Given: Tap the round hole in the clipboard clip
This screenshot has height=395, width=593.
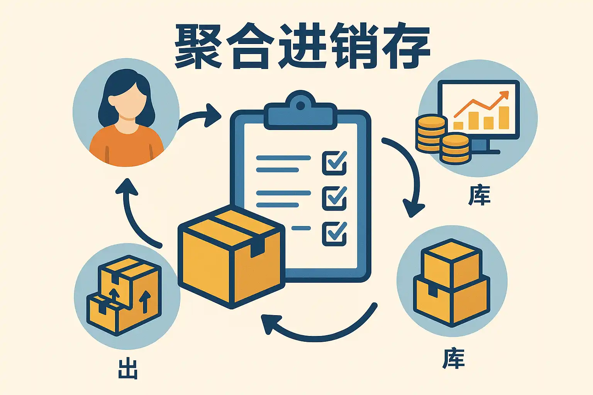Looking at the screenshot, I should (x=300, y=105).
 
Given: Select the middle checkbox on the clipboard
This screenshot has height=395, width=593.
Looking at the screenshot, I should (x=334, y=198).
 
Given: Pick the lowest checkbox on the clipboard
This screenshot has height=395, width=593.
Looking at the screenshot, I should (x=334, y=233).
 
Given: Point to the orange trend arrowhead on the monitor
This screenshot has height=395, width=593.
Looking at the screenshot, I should (x=504, y=95).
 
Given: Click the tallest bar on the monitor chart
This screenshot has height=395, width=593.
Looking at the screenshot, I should (x=504, y=118).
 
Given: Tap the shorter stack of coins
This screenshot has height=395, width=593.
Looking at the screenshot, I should (x=456, y=148).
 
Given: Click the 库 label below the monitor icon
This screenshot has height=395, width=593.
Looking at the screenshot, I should (x=479, y=195).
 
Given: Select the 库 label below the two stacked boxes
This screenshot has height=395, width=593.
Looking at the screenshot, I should (x=454, y=358).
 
